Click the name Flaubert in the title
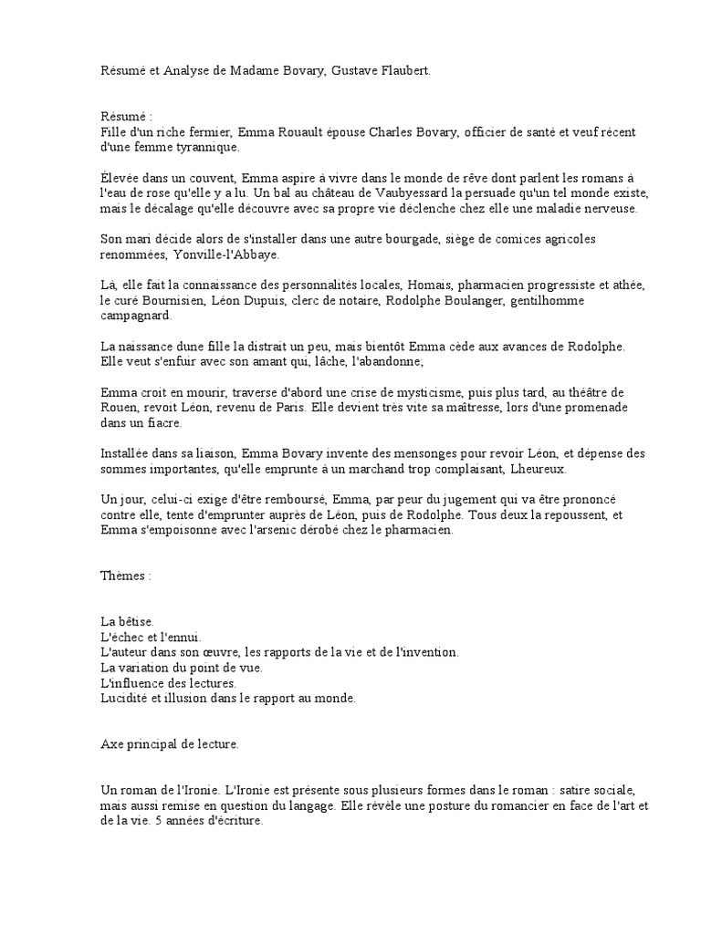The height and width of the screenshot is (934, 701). point(402,70)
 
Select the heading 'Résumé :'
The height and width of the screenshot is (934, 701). point(127,118)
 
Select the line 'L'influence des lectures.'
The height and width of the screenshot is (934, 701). point(170,682)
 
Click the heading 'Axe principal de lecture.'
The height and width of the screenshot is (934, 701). point(171,744)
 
